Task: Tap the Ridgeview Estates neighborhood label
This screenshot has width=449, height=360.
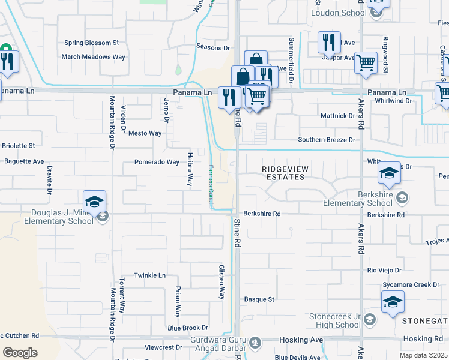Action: coord(285,173)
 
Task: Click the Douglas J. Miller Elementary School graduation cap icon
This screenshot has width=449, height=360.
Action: coord(95,202)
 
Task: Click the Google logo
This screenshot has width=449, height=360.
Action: coord(20,353)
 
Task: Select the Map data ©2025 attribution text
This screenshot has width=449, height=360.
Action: coord(424,355)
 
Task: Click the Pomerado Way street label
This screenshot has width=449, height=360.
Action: coord(157,162)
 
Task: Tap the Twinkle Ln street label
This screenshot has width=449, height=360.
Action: coord(149,275)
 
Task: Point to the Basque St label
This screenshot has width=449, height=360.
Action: coord(259,299)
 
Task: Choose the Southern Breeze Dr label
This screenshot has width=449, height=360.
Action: coord(327,140)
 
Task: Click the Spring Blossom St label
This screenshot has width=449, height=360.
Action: coord(92,43)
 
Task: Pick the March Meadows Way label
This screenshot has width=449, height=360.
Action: coord(94,57)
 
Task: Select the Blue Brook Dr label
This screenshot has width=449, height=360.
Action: coord(188,328)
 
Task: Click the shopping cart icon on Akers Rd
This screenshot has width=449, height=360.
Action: coord(366,62)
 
